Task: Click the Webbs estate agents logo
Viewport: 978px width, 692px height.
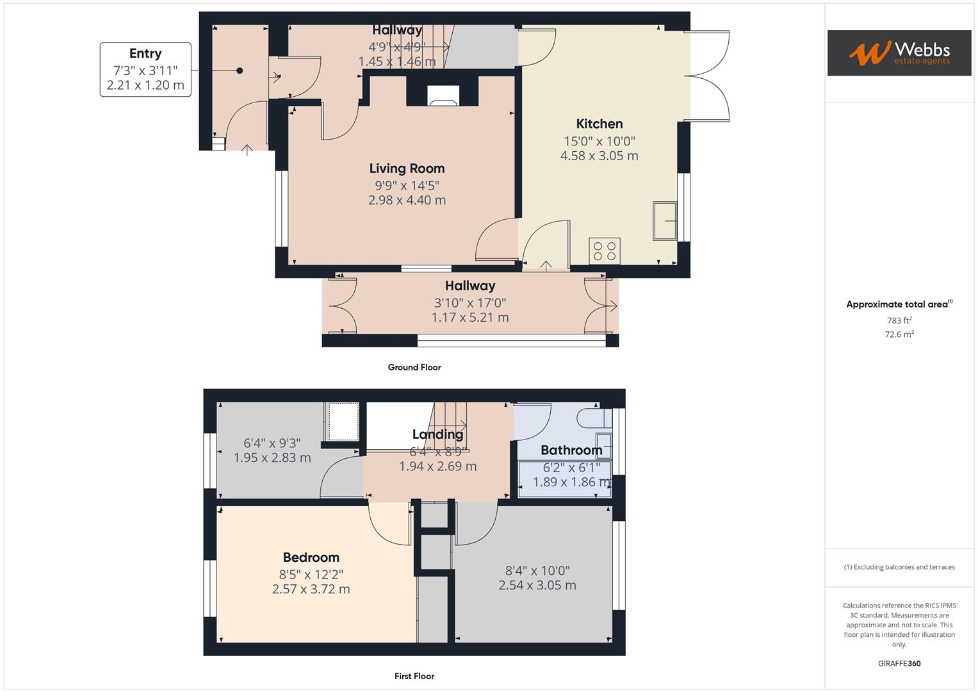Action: click(899, 53)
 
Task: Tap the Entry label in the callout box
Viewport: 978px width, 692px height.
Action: click(145, 54)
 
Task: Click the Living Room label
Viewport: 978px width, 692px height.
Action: click(407, 169)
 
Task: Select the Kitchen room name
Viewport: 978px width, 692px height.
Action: click(599, 124)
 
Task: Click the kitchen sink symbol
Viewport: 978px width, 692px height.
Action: click(665, 221)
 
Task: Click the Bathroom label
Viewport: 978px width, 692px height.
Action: click(571, 450)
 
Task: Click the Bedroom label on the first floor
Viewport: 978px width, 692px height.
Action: click(311, 557)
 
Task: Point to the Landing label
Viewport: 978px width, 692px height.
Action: click(437, 434)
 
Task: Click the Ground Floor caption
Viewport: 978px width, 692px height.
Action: click(414, 367)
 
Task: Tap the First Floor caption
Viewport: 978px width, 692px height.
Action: click(414, 676)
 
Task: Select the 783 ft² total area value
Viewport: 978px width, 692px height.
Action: click(899, 320)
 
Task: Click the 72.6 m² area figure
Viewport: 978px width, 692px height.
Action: click(899, 334)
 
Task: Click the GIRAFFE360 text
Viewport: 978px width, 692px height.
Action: click(899, 663)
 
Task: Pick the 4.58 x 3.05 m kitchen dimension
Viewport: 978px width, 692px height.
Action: click(599, 156)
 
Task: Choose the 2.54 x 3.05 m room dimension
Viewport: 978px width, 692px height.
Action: click(537, 585)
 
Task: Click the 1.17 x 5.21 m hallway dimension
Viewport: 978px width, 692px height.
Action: click(470, 317)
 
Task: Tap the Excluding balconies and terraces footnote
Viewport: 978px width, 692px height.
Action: click(899, 567)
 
